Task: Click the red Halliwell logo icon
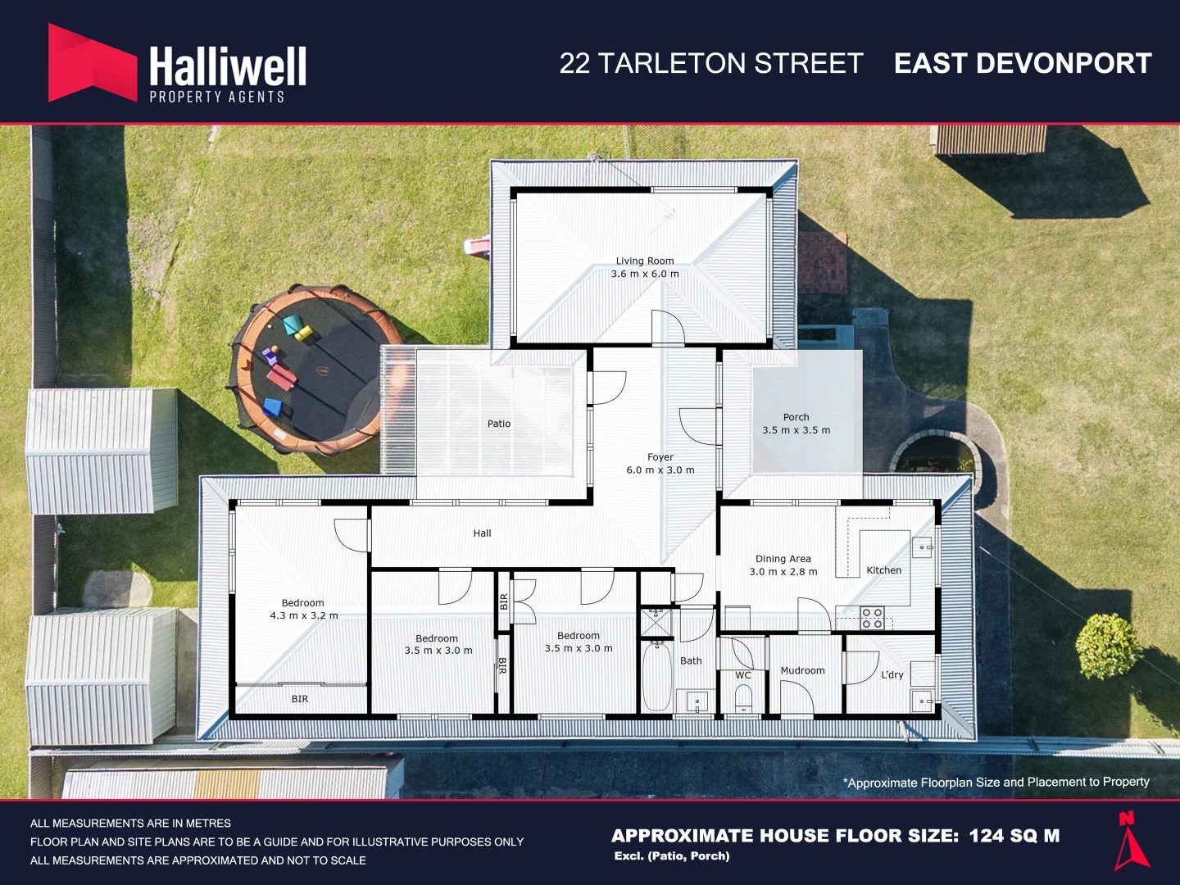point(93,63)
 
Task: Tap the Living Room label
point(645,267)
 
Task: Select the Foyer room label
point(660,463)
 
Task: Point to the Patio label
point(499,424)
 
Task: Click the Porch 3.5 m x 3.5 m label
point(796,424)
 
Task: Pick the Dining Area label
point(783,565)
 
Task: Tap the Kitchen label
point(884,570)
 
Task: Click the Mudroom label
point(802,670)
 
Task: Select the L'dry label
point(892,675)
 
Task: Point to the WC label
point(743,675)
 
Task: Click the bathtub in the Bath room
point(657,677)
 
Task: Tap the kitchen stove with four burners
point(872,618)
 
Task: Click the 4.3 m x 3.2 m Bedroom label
point(304,610)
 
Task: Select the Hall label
point(482,533)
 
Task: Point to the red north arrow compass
point(1131,842)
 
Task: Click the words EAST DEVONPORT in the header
point(1023,63)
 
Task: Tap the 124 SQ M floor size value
point(1014,836)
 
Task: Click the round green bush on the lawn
point(1109,646)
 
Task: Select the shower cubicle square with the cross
point(656,623)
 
